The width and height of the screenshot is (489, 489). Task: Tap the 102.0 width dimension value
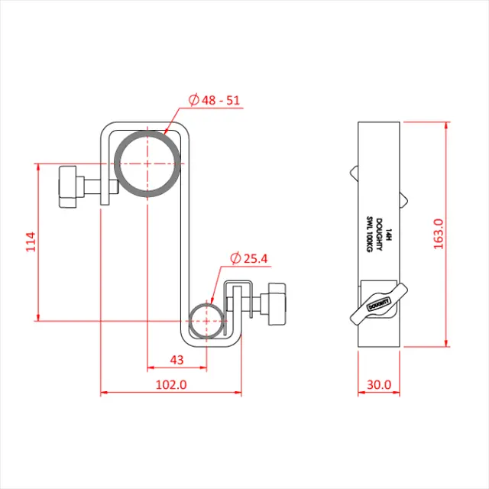[x=171, y=384]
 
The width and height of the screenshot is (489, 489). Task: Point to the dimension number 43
[x=176, y=359]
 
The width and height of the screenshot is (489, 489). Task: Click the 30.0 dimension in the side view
[x=379, y=384]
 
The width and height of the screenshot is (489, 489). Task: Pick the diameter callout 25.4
[x=249, y=259]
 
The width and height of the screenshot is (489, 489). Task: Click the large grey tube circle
[x=148, y=164]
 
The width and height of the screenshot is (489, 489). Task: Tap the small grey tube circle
[x=207, y=321]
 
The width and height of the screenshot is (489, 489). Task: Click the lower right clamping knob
[x=275, y=303]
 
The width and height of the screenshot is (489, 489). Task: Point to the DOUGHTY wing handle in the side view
[x=379, y=303]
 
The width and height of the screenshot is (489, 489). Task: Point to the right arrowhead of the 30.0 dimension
[x=397, y=393]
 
